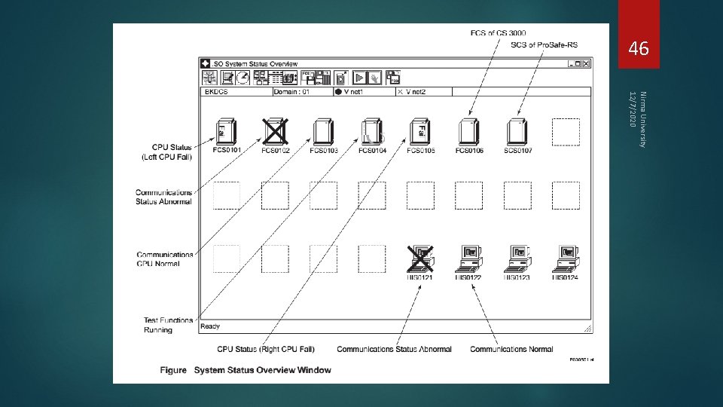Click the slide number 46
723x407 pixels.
coord(638,50)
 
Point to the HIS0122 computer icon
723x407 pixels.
coord(468,259)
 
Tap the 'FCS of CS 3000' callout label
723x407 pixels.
coord(498,32)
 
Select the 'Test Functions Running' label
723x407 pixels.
coord(168,325)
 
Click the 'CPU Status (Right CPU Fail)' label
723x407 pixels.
coord(266,349)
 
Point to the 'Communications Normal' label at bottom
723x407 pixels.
coord(511,349)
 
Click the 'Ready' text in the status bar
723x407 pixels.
coord(210,326)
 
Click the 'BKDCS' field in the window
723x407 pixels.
coord(216,92)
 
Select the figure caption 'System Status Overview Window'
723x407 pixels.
coord(262,370)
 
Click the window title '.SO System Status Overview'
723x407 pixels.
coord(255,64)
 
